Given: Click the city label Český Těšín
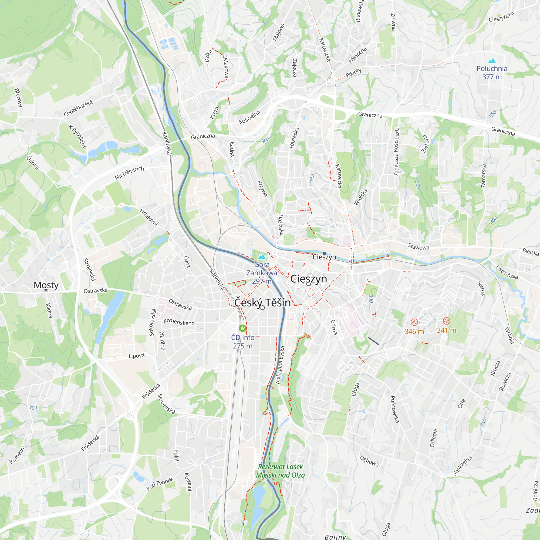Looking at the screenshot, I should point(262,302).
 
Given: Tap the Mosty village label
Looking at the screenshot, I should point(46,285).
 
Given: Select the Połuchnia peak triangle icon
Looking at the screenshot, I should point(492,61).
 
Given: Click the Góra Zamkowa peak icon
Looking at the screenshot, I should point(262,256).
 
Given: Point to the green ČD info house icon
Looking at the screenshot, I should point(243,328).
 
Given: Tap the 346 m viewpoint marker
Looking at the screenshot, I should point(414,322).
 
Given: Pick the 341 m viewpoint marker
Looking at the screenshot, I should point(447,321).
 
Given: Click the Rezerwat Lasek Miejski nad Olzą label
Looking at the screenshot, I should point(280,471).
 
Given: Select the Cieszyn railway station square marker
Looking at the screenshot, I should point(324,253).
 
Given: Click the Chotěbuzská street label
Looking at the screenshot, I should point(78,109).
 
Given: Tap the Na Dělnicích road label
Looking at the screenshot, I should point(129,173).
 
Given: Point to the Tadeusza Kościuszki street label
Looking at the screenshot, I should point(397,151).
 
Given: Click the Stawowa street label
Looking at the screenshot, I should point(418,246).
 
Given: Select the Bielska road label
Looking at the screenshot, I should point(531,252).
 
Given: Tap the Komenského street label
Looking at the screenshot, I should point(179,322).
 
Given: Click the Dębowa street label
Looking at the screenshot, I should point(369,461).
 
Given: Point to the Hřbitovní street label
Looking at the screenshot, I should point(149,217).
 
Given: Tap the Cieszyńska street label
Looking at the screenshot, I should point(501,16).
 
